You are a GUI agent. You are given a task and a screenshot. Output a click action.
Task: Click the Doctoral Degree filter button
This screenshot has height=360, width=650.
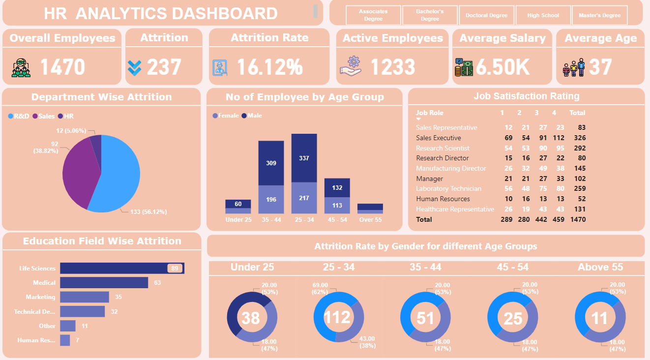pyautogui.click(x=486, y=15)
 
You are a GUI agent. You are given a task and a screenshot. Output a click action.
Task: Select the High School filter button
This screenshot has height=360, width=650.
pyautogui.click(x=543, y=15)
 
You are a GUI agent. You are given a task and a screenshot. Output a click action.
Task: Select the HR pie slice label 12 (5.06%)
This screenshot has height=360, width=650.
pyautogui.click(x=71, y=131)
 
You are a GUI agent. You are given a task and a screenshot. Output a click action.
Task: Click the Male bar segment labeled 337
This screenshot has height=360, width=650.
pyautogui.click(x=304, y=158)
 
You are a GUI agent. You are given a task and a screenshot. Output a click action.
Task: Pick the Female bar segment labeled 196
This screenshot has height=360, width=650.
pyautogui.click(x=271, y=200)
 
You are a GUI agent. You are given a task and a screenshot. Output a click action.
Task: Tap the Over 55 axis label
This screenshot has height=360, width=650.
pyautogui.click(x=370, y=220)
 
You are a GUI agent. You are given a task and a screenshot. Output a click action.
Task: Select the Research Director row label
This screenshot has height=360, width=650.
pyautogui.click(x=442, y=158)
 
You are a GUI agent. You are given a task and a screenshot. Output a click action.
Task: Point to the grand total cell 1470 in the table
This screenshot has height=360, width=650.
pyautogui.click(x=578, y=219)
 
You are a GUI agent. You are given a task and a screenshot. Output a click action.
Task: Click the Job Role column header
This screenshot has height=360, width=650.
pyautogui.click(x=429, y=113)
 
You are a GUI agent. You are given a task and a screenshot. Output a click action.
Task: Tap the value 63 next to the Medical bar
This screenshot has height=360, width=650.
pyautogui.click(x=157, y=283)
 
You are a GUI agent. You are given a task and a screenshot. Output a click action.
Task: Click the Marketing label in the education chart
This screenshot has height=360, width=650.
pyautogui.click(x=40, y=297)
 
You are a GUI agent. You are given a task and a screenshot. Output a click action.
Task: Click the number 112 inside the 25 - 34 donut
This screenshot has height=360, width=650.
pyautogui.click(x=338, y=317)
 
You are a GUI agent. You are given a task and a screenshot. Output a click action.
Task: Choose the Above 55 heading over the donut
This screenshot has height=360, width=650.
pyautogui.click(x=600, y=267)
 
